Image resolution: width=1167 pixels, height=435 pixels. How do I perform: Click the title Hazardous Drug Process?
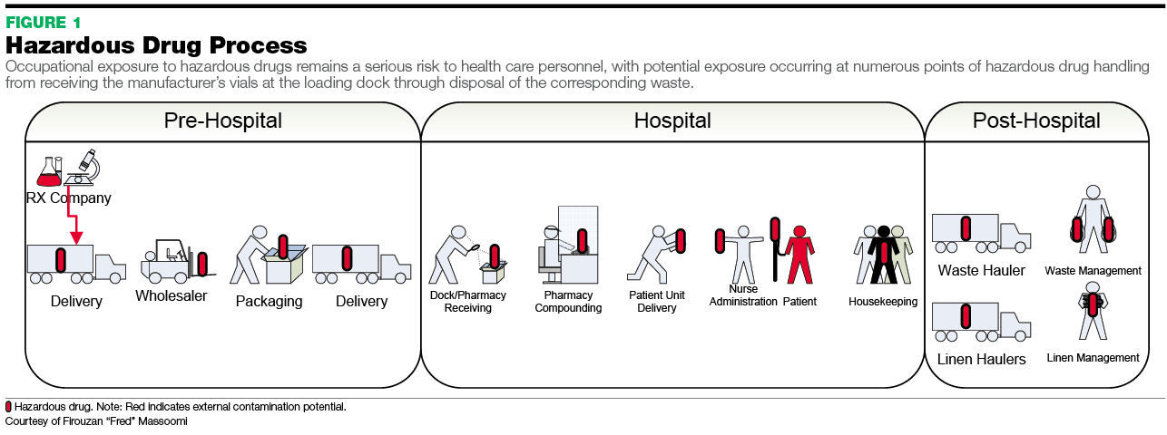coord(156,45)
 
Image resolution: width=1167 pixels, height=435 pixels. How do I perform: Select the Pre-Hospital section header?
coord(222,121)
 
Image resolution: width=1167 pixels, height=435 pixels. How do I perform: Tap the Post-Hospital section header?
coord(1036,121)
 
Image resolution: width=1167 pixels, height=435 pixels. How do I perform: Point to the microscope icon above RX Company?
coord(84,169)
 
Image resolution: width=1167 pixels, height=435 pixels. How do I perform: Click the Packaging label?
coord(269,301)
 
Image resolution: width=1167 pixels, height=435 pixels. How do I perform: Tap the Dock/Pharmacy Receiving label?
coord(468,302)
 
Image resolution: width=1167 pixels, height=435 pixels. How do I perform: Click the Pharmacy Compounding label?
coord(568,302)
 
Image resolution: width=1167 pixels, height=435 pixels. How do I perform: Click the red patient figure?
coord(799,254)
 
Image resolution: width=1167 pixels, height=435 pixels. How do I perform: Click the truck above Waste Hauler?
coord(980,234)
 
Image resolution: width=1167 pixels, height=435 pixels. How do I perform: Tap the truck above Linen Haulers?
coord(980,323)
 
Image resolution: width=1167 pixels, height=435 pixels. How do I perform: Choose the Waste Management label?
coord(1093,270)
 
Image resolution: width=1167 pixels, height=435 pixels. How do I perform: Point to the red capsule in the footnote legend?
coord(9,407)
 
